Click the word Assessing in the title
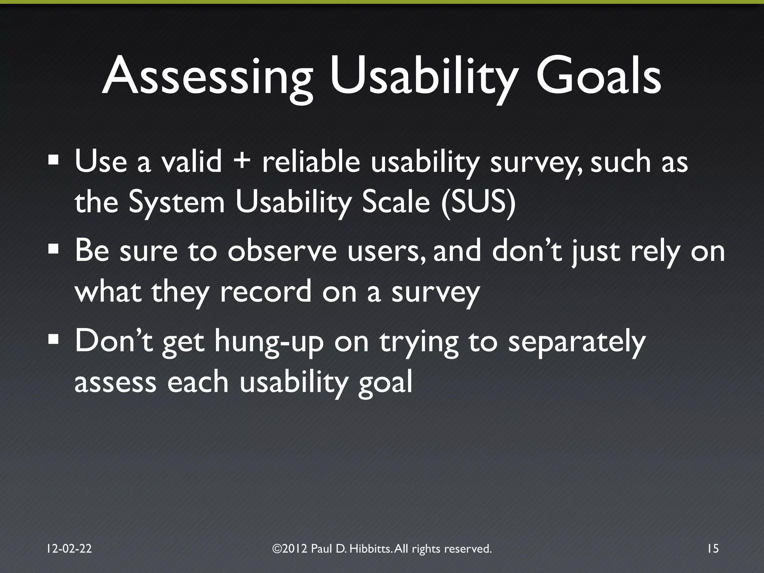pos(207,77)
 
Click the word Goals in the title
pos(598,77)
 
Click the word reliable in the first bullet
pos(311,162)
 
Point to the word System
pos(176,203)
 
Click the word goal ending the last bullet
pos(385,382)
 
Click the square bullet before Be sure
pos(53,249)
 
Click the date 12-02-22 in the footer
pos(69,548)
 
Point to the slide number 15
pos(713,548)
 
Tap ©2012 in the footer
pos(290,548)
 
